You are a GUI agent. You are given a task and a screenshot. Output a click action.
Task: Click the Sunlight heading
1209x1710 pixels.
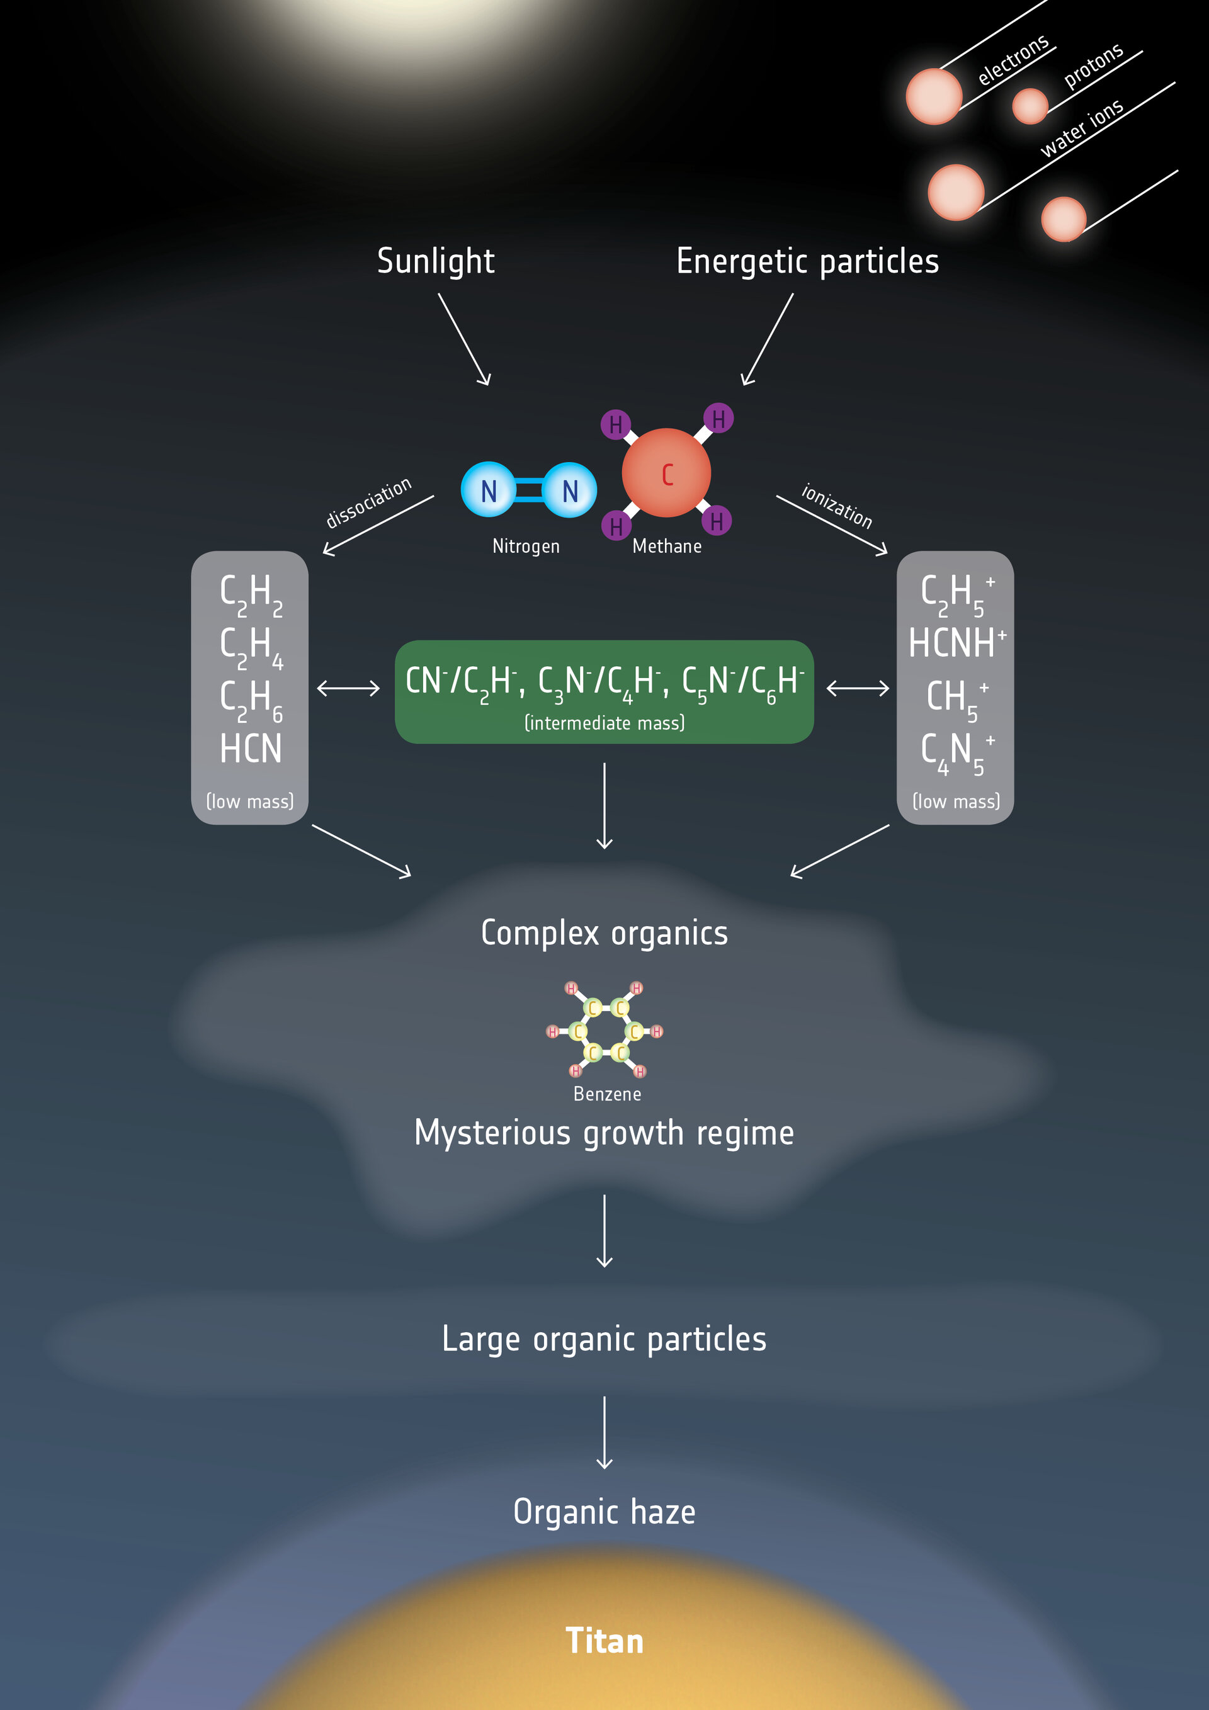tap(435, 261)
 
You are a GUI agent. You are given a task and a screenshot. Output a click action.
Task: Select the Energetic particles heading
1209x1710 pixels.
tap(807, 261)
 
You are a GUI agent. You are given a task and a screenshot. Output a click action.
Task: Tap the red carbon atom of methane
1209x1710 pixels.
tap(666, 473)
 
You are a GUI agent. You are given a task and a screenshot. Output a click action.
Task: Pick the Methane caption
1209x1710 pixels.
tap(667, 546)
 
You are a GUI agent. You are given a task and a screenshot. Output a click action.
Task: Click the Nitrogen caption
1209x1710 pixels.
tap(526, 546)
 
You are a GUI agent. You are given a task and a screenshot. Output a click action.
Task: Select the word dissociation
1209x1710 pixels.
tap(369, 502)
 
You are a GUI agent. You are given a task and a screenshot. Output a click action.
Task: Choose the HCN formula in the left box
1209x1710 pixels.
tap(250, 749)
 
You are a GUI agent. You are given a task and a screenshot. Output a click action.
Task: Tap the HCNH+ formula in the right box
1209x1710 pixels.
tap(956, 643)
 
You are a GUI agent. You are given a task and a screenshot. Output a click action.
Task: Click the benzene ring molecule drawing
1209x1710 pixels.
tap(606, 1031)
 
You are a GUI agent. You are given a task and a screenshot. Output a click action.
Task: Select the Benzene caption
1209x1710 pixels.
tap(607, 1094)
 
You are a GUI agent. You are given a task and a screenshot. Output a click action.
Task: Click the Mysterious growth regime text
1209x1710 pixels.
tap(604, 1133)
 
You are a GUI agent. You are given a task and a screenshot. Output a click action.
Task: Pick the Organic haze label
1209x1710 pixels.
tap(604, 1512)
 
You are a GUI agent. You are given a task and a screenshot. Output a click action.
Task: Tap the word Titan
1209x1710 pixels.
tap(604, 1641)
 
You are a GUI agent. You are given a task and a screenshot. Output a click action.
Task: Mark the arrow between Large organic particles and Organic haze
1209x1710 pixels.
tap(604, 1432)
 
